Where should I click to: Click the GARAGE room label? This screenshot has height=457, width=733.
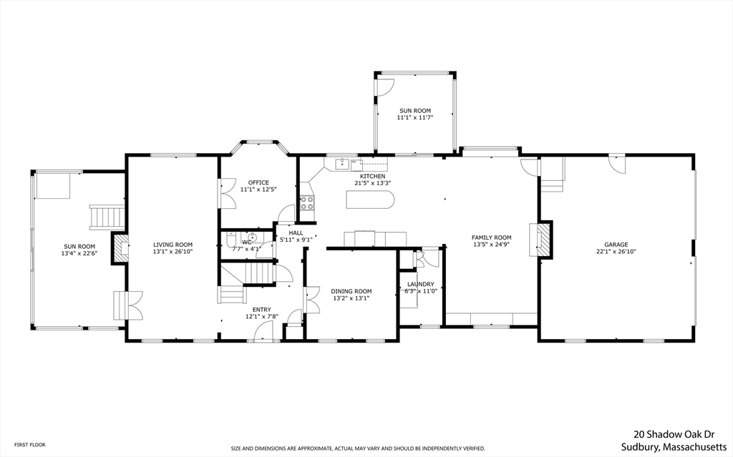tap(616, 244)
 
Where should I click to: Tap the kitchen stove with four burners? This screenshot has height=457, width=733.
tap(306, 203)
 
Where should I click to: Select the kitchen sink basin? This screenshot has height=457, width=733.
tap(342, 164)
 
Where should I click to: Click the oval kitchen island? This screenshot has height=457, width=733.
tap(370, 200)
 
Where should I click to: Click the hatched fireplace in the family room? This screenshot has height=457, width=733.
tap(543, 240)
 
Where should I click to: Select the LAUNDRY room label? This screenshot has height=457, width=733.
tap(420, 284)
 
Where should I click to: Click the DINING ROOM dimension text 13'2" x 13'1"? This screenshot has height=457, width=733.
tap(351, 298)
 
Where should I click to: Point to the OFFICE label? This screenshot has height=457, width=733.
tap(258, 182)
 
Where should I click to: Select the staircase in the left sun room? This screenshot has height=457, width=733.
tap(107, 217)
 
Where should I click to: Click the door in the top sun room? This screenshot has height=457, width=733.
tap(385, 87)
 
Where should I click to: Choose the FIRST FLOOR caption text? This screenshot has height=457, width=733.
tap(30, 445)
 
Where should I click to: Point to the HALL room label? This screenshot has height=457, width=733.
tap(296, 232)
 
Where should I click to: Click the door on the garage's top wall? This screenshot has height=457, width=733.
tap(616, 164)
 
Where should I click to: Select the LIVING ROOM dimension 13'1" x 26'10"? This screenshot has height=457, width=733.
tap(173, 251)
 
